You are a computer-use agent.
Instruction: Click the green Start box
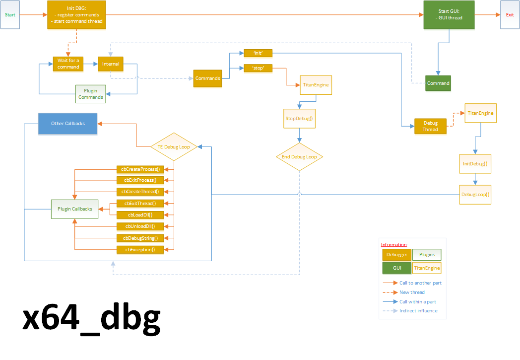click(11, 15)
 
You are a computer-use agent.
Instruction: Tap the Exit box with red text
click(510, 15)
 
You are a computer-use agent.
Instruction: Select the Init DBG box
click(76, 15)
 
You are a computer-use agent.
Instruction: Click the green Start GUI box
click(449, 15)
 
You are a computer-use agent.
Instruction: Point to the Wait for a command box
click(68, 64)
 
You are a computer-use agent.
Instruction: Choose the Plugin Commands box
click(90, 94)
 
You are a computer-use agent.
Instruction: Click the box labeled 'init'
click(258, 53)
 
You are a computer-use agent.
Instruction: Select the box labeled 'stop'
click(258, 69)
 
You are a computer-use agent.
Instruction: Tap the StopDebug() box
click(300, 119)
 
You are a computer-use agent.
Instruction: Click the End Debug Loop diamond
click(300, 157)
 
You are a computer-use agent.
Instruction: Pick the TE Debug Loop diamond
click(174, 146)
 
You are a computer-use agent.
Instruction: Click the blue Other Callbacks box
click(68, 124)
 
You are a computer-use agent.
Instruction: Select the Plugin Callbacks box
click(75, 209)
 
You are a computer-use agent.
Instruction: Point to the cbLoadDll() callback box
click(140, 215)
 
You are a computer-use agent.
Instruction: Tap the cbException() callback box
click(140, 249)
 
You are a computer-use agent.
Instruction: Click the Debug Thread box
click(430, 126)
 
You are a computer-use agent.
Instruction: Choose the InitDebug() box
click(475, 163)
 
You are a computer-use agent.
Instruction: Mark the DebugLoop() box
click(475, 194)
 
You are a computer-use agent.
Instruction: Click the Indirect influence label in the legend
click(418, 311)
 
